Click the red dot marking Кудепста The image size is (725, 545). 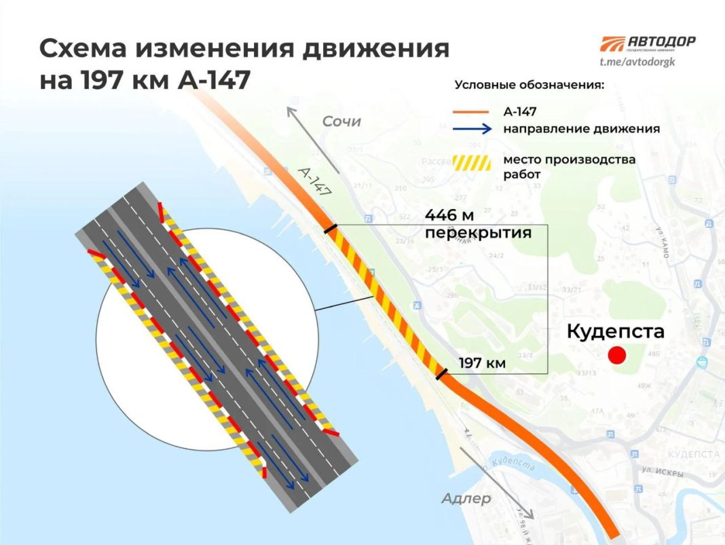coord(617,355)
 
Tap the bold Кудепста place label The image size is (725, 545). coord(615,332)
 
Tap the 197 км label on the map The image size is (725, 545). coord(482,363)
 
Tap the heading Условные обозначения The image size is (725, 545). coord(529,86)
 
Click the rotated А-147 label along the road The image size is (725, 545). coord(314,181)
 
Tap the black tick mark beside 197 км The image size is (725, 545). coord(441,373)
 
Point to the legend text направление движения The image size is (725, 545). coord(581,129)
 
